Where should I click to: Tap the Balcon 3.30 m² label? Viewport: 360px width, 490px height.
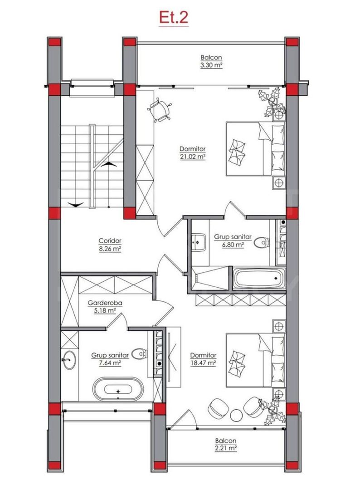click(x=211, y=61)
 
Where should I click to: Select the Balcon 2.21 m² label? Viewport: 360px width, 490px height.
click(x=226, y=444)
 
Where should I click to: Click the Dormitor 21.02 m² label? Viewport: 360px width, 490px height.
click(x=193, y=152)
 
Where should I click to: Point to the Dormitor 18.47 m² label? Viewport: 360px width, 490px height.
click(x=203, y=359)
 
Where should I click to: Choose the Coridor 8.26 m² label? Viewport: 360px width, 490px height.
click(x=110, y=245)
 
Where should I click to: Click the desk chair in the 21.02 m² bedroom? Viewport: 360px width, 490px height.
click(x=161, y=110)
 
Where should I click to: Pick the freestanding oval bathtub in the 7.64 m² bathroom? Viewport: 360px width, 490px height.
click(x=118, y=390)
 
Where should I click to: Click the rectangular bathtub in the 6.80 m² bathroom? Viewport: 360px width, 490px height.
click(x=259, y=277)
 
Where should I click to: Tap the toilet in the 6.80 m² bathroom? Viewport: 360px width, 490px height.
click(x=261, y=244)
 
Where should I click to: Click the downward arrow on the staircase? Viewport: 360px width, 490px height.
click(x=75, y=205)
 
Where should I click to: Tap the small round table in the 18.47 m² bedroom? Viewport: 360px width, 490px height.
click(x=236, y=415)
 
